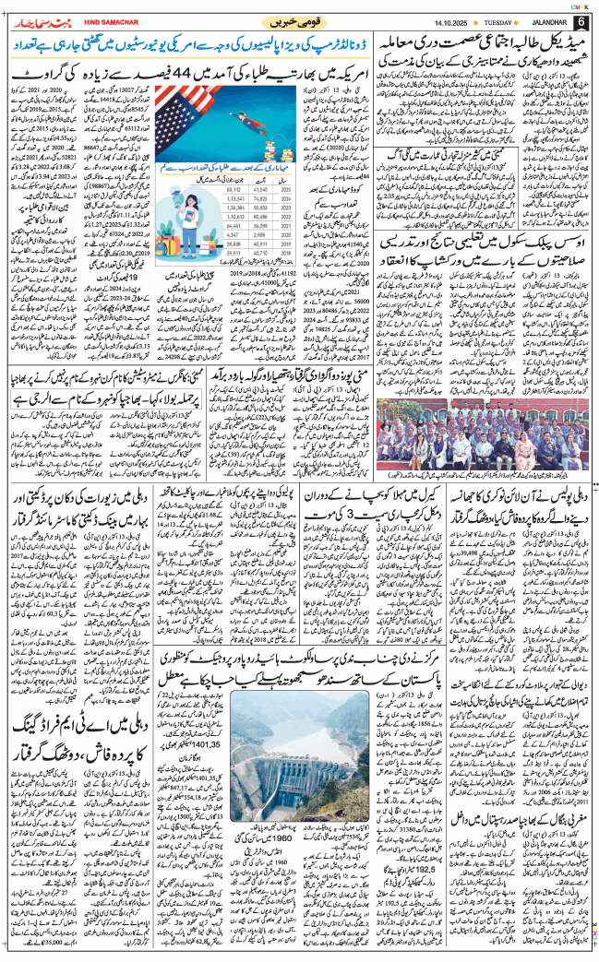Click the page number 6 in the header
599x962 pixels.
coord(581,22)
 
